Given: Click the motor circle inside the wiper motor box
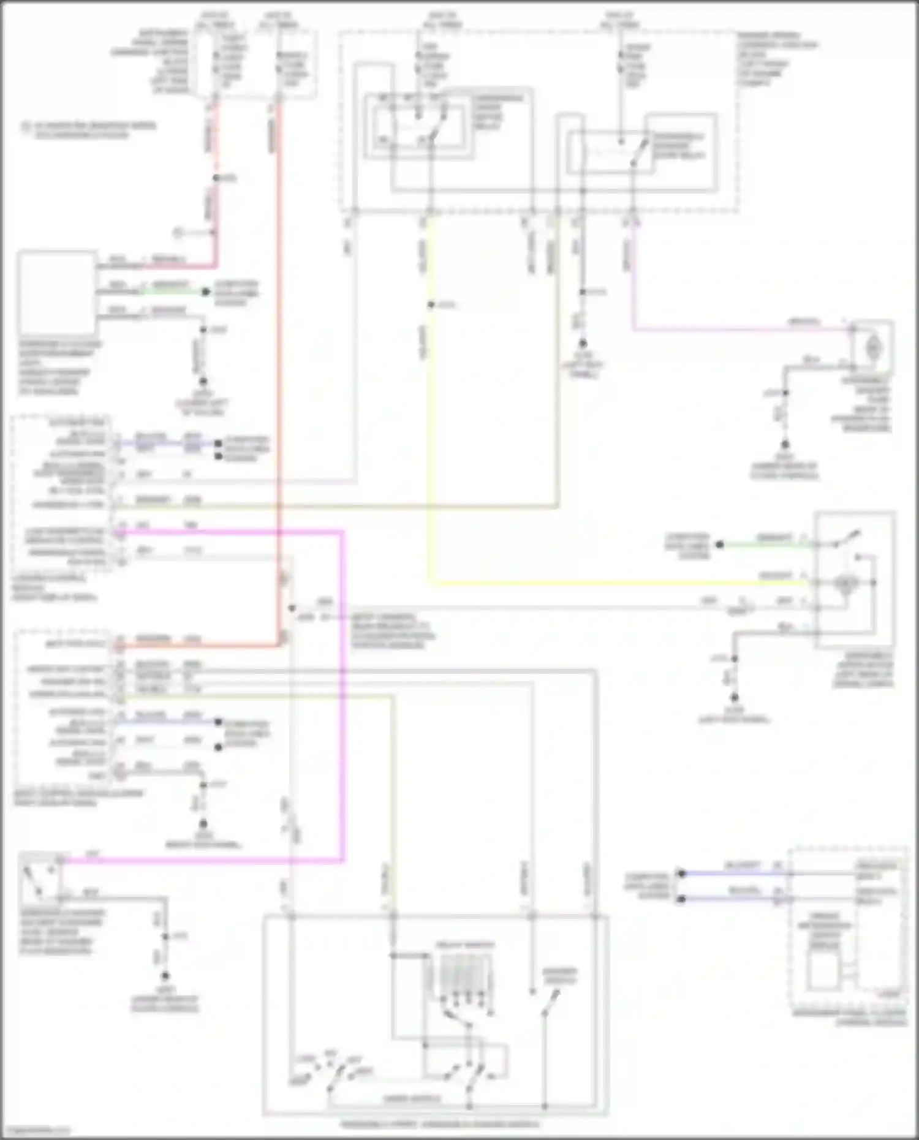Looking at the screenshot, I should coord(845,583).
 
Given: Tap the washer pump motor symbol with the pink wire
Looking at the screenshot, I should coord(872,348).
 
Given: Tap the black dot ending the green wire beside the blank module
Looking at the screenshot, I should coord(205,292).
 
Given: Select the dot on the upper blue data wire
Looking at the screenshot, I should coord(681,874).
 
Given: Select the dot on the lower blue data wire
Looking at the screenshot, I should coord(681,899).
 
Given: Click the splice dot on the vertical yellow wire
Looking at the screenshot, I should coord(431,304).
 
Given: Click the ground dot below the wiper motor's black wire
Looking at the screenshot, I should coord(734,697).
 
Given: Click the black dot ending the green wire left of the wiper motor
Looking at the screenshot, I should coord(720,544).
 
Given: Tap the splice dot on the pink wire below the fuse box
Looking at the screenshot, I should coord(216,178).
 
